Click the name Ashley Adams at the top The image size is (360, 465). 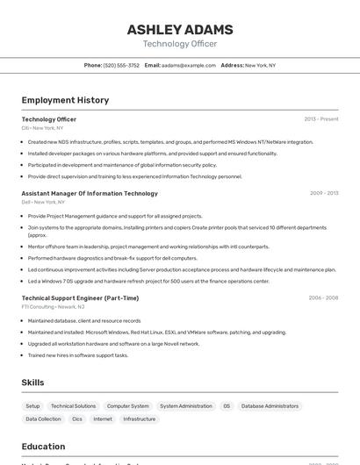point(179,29)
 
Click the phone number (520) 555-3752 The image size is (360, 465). point(121,65)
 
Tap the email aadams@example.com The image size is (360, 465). point(188,65)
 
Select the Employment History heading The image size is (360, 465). point(65,100)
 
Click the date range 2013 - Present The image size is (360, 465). point(320,118)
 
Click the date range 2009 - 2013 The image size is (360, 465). point(323,193)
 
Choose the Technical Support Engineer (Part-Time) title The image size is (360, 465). point(80,298)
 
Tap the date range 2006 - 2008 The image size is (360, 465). point(323,298)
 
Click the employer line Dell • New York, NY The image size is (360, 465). point(43,202)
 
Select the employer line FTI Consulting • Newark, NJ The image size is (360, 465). point(53,307)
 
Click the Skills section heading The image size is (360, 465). point(32,383)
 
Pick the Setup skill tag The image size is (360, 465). point(32,406)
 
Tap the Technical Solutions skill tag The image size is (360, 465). point(73,406)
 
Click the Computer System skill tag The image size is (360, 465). point(127,406)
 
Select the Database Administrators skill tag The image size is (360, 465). point(270,406)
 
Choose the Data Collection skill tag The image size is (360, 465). point(43,419)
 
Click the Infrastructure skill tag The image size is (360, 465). point(139,419)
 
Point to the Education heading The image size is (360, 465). point(43,446)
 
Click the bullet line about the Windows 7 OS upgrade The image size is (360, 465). point(148,281)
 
